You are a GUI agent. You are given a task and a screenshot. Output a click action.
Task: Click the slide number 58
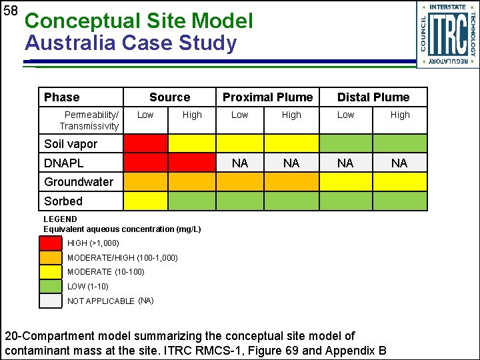tap(10, 11)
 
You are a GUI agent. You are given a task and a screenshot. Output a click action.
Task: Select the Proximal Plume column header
tap(267, 97)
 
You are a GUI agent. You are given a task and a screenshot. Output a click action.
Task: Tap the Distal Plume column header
tap(373, 97)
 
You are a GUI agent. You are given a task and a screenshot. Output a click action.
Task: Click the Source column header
tap(169, 97)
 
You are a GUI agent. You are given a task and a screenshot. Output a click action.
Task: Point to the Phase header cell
tap(61, 97)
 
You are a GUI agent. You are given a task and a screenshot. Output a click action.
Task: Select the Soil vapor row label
tap(71, 144)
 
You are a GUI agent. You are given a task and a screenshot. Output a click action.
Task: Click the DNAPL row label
tap(64, 163)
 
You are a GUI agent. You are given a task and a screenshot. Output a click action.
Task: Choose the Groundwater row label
tap(79, 181)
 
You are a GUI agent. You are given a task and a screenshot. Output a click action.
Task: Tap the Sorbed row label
tap(63, 201)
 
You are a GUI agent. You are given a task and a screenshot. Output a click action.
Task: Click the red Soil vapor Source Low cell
tap(145, 143)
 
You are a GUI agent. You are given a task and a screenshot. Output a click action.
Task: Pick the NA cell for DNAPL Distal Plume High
tap(399, 163)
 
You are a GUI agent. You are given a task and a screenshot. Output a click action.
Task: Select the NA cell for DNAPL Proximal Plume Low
tap(240, 163)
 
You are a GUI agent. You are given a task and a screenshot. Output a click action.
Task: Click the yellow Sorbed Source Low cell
tap(145, 201)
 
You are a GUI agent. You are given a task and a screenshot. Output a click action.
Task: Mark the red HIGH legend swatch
tap(51, 243)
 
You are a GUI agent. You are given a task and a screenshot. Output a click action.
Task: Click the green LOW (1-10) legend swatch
tap(51, 286)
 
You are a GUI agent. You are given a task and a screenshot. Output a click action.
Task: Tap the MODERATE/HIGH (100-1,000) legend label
tap(122, 257)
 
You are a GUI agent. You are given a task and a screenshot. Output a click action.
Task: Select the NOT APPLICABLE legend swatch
tap(51, 301)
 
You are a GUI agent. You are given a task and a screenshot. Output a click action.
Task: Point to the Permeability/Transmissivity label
tap(89, 120)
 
